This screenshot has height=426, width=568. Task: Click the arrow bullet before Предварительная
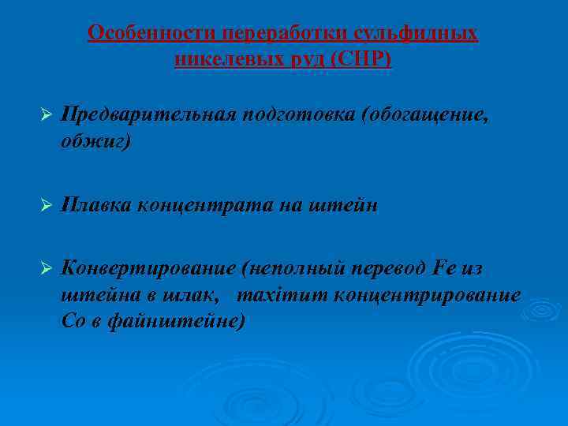coord(46,115)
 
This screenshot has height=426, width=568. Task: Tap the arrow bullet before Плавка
coord(46,206)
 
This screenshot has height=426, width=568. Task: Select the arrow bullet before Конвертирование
coord(46,269)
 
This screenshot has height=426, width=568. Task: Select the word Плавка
coord(96,206)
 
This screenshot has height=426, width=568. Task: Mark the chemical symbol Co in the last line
coord(73,321)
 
